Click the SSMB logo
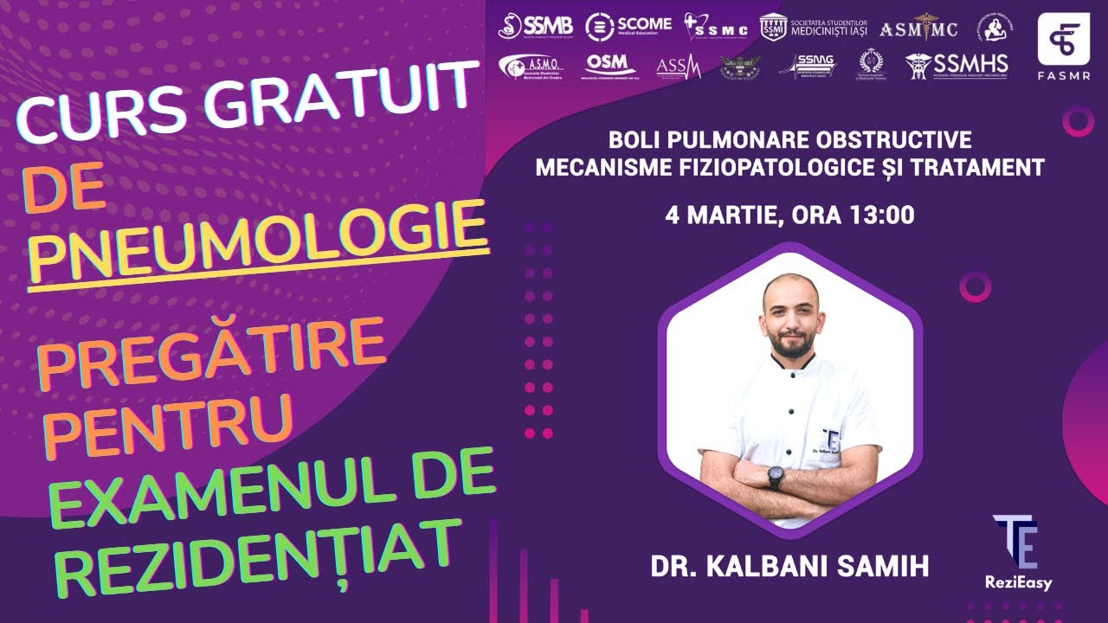535,26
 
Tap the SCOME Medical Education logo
628,27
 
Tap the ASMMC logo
918,29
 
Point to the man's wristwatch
775,476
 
